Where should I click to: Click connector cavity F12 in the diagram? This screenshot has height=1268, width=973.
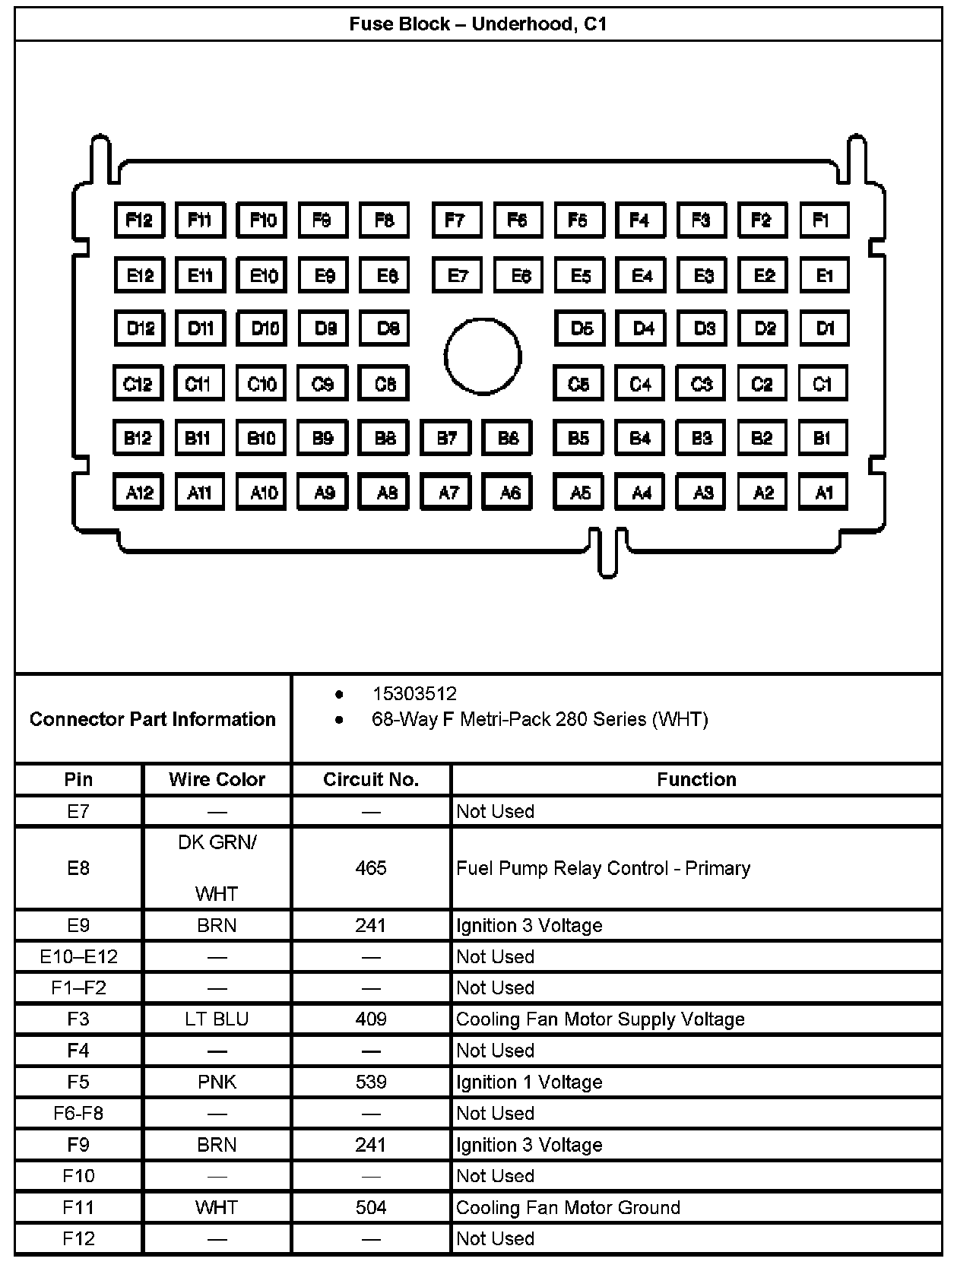(139, 220)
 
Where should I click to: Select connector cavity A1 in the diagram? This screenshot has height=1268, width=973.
(823, 493)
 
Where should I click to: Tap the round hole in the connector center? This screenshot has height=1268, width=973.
(483, 357)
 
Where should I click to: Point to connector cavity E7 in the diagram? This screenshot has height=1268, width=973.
(457, 275)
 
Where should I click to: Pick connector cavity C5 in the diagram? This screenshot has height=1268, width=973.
(578, 384)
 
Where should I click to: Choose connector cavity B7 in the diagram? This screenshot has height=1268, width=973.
(446, 438)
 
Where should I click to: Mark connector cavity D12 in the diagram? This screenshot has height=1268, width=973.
(140, 328)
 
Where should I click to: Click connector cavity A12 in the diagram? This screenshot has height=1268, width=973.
(138, 493)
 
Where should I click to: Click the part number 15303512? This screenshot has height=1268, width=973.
(414, 693)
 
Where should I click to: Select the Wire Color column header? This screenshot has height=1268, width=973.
(217, 779)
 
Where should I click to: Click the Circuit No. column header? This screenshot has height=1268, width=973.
(371, 779)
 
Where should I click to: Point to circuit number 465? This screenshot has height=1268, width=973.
(371, 868)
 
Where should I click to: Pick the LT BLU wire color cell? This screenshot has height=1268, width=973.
(217, 1019)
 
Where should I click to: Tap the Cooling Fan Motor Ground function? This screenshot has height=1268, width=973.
(568, 1207)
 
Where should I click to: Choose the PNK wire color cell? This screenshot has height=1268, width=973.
(217, 1082)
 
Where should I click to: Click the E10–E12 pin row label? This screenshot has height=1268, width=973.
(78, 956)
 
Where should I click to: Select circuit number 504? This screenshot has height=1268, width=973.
(371, 1207)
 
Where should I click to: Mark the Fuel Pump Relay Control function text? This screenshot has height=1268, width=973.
(603, 868)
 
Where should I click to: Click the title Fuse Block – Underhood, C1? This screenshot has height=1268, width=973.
(478, 24)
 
